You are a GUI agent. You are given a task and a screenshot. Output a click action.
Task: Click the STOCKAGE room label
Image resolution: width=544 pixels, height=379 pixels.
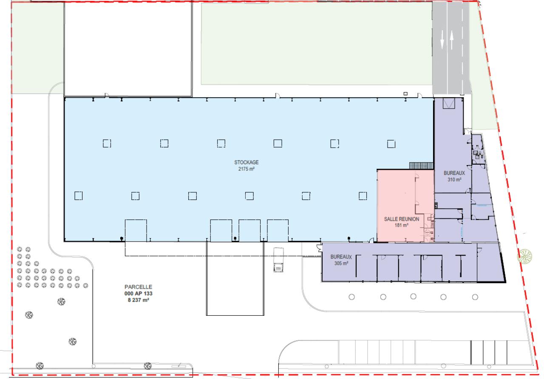tap(246, 163)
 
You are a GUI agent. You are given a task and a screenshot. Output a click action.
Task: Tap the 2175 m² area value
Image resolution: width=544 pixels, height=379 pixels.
tap(246, 169)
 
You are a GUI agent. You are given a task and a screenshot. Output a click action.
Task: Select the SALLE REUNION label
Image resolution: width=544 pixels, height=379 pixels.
tap(402, 219)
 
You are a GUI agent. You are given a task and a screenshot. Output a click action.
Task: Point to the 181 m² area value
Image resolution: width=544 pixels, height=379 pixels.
tap(402, 225)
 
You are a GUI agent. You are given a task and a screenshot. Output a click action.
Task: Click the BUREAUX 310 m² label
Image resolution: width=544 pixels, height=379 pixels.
tap(454, 176)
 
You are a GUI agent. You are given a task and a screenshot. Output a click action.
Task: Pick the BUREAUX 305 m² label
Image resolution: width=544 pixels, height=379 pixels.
tap(341, 260)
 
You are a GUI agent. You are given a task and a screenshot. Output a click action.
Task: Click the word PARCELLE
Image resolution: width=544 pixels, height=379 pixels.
tap(138, 287)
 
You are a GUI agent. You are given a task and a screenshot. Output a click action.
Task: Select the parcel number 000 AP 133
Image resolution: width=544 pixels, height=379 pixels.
tap(138, 294)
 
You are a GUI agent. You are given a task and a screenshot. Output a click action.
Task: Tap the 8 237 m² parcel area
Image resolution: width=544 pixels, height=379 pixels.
tap(138, 300)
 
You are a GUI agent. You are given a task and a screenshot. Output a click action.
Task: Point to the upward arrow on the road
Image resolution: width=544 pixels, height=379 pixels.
tap(451, 40)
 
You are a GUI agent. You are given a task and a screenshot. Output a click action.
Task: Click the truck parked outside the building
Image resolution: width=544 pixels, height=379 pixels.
tap(278, 260)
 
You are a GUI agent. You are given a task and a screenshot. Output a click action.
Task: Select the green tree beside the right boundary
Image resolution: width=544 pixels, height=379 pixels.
tap(525, 256)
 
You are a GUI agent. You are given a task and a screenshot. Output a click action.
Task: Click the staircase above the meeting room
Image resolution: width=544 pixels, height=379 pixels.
tap(421, 166)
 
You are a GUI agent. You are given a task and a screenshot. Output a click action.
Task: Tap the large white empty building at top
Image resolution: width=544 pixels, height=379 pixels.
tap(128, 49)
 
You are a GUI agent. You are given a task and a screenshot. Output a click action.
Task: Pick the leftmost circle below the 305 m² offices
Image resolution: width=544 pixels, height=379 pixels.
tap(351, 297)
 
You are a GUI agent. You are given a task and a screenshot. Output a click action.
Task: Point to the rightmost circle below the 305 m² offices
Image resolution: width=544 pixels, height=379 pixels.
tap(475, 297)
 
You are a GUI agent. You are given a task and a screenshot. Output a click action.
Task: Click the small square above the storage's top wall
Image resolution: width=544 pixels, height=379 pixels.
tap(405, 94)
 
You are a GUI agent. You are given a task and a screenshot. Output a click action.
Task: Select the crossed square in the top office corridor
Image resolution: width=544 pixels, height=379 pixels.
tap(449, 103)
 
